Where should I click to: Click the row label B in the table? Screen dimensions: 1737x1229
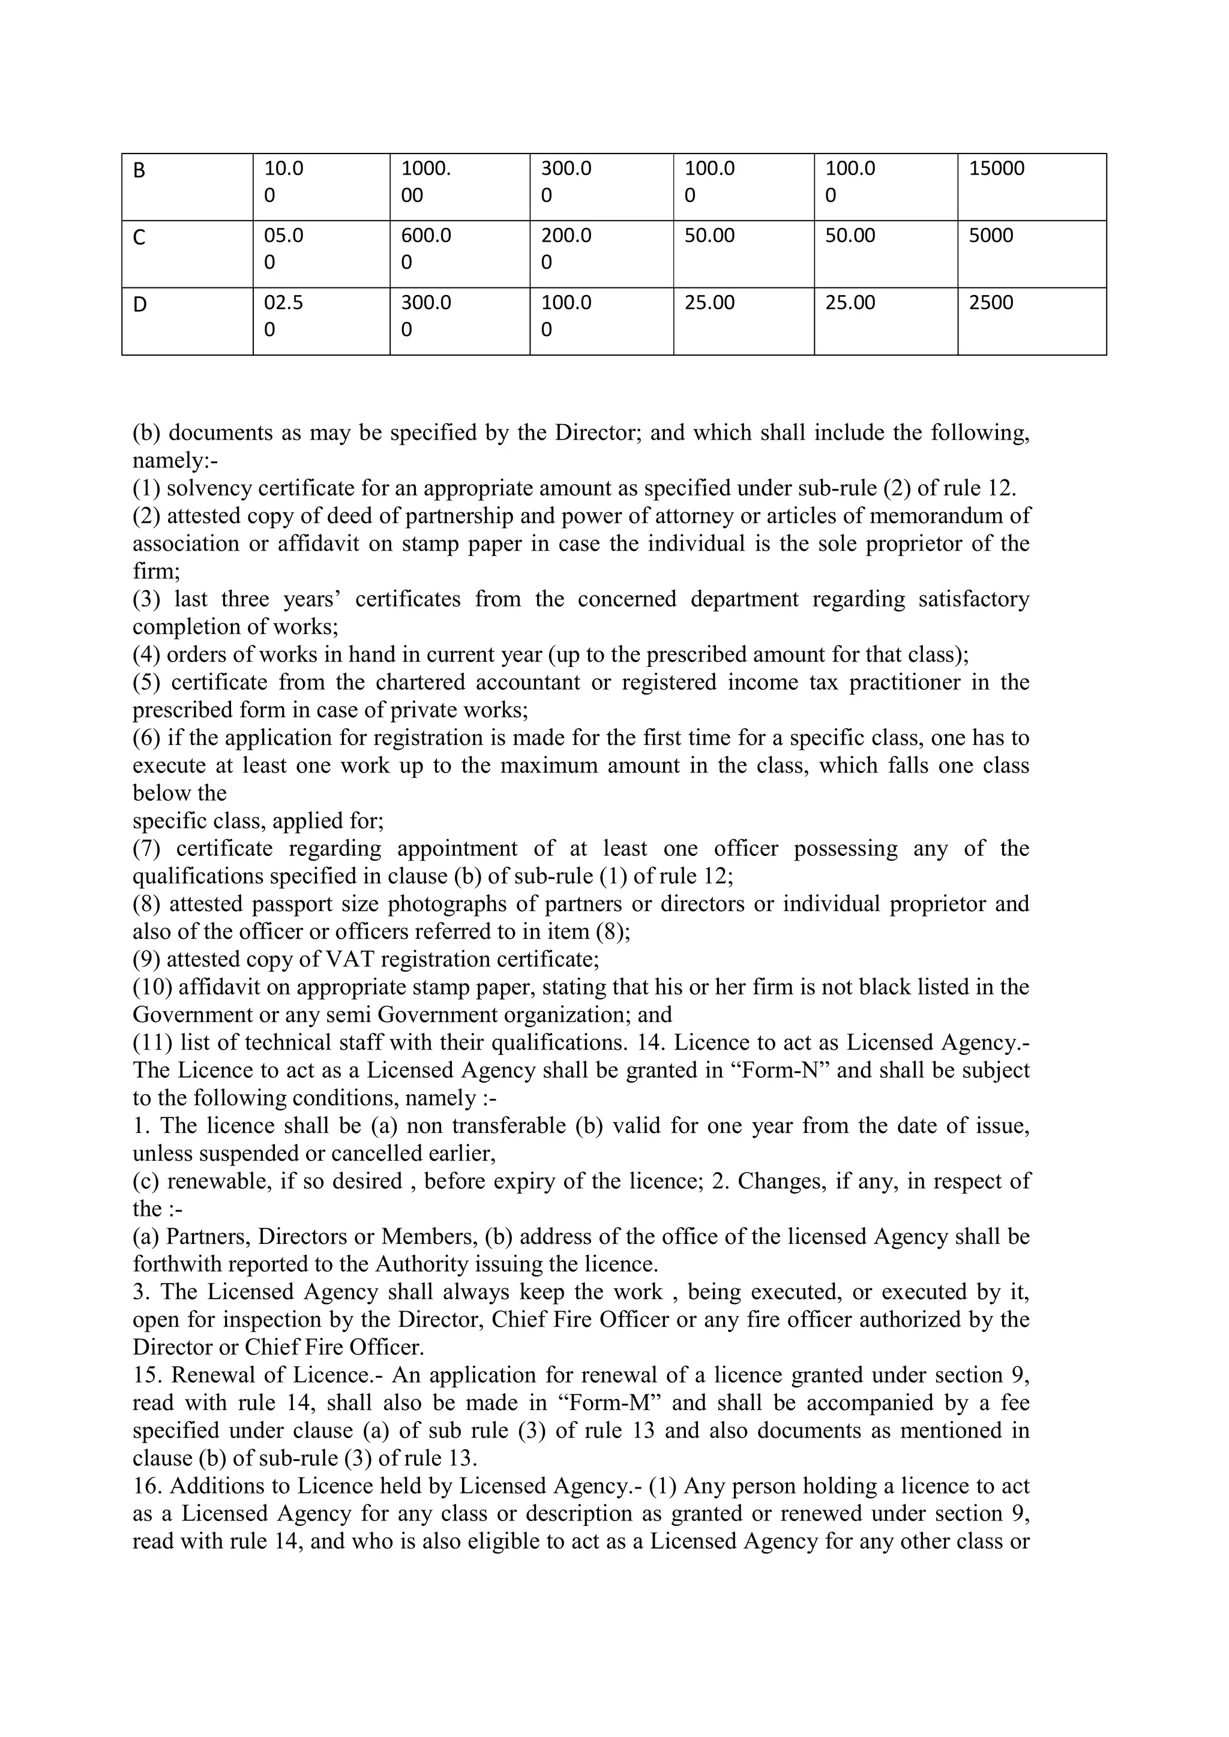139,171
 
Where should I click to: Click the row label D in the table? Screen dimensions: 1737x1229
139,305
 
